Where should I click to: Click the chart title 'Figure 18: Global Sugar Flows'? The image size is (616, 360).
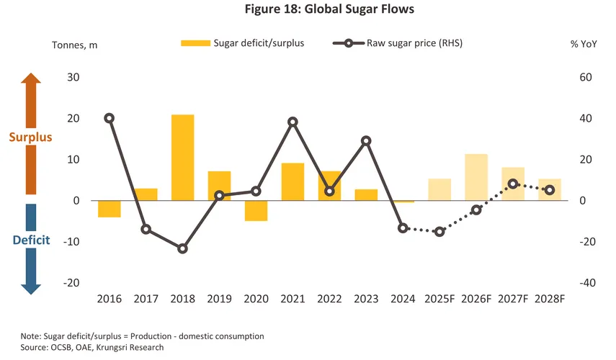coord(308,9)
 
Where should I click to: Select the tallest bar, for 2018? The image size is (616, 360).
coord(182,157)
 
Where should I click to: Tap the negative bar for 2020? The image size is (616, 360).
coord(256,210)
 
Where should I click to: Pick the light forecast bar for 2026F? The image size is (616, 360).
coord(476,177)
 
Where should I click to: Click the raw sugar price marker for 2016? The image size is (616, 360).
coord(109,118)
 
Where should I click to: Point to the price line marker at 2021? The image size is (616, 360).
coord(293,122)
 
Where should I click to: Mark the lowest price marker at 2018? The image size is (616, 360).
coord(182,248)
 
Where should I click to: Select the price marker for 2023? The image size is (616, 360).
coord(366,141)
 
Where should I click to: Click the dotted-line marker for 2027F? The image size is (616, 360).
coord(513,184)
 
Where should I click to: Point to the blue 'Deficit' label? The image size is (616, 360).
coord(31,240)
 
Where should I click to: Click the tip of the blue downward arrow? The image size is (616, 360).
coord(30,292)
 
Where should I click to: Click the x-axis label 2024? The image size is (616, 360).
coord(403,299)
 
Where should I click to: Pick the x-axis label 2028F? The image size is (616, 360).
coord(550,299)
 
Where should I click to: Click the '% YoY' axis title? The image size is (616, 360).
coord(584,44)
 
